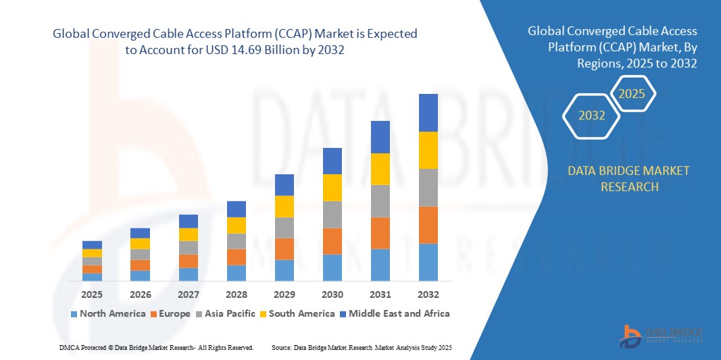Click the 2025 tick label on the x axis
[x=92, y=294]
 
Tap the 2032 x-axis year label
[x=428, y=294]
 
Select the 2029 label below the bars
[x=284, y=294]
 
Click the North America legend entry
[x=107, y=313]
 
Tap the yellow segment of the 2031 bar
[x=380, y=169]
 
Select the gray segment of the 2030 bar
[x=332, y=214]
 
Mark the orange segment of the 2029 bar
[x=284, y=249]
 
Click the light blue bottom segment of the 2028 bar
[x=237, y=273]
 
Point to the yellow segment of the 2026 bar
[x=140, y=243]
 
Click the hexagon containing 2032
[x=592, y=115]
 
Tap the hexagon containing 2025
[x=632, y=94]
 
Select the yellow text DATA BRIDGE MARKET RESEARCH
[x=629, y=178]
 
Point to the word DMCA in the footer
[x=70, y=347]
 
